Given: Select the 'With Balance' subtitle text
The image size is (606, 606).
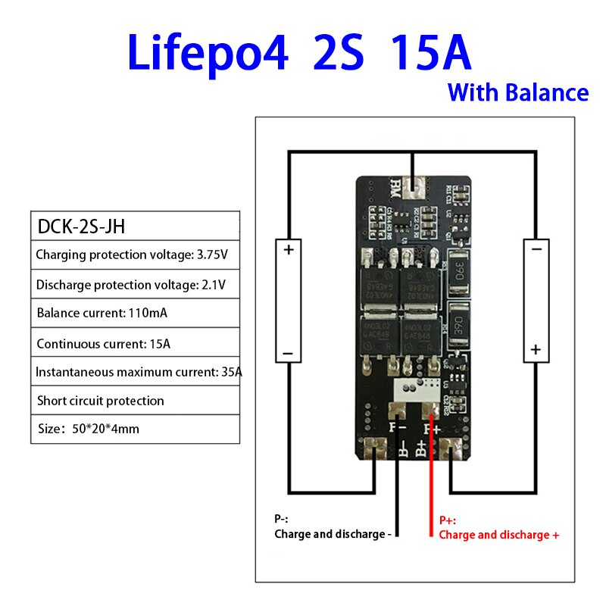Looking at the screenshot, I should point(518,92).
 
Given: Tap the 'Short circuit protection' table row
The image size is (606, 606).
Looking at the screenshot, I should point(100,401).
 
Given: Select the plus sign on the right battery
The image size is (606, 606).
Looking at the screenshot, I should point(536,349).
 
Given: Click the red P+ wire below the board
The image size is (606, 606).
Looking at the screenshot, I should point(433,485).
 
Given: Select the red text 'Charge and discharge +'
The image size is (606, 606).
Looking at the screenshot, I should point(499,535).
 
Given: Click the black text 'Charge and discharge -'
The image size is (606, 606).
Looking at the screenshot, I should point(333,534).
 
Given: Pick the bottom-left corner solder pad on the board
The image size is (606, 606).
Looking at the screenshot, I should point(373,449).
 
